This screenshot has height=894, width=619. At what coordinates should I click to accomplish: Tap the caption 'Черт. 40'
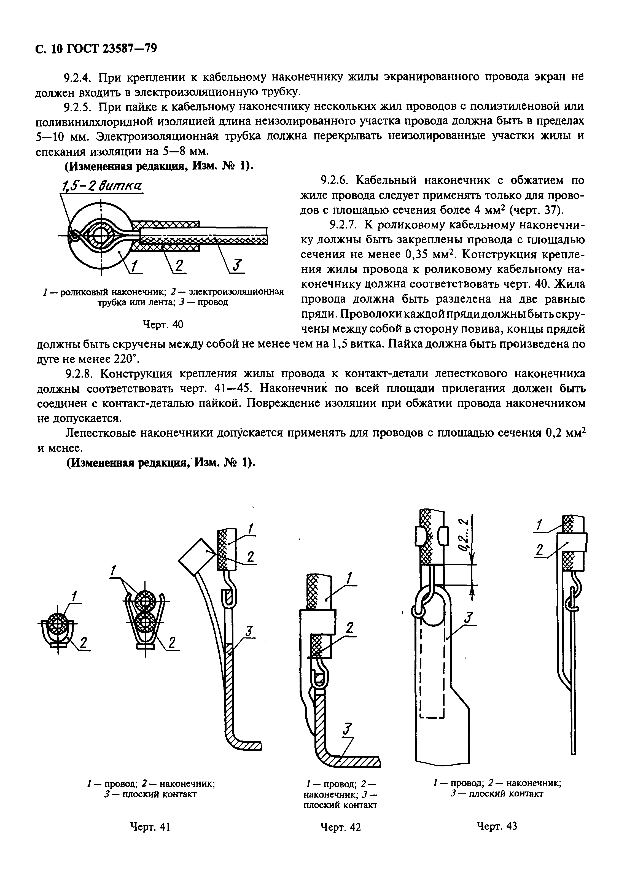coord(163,324)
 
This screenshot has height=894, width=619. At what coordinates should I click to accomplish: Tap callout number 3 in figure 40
coord(236,266)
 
